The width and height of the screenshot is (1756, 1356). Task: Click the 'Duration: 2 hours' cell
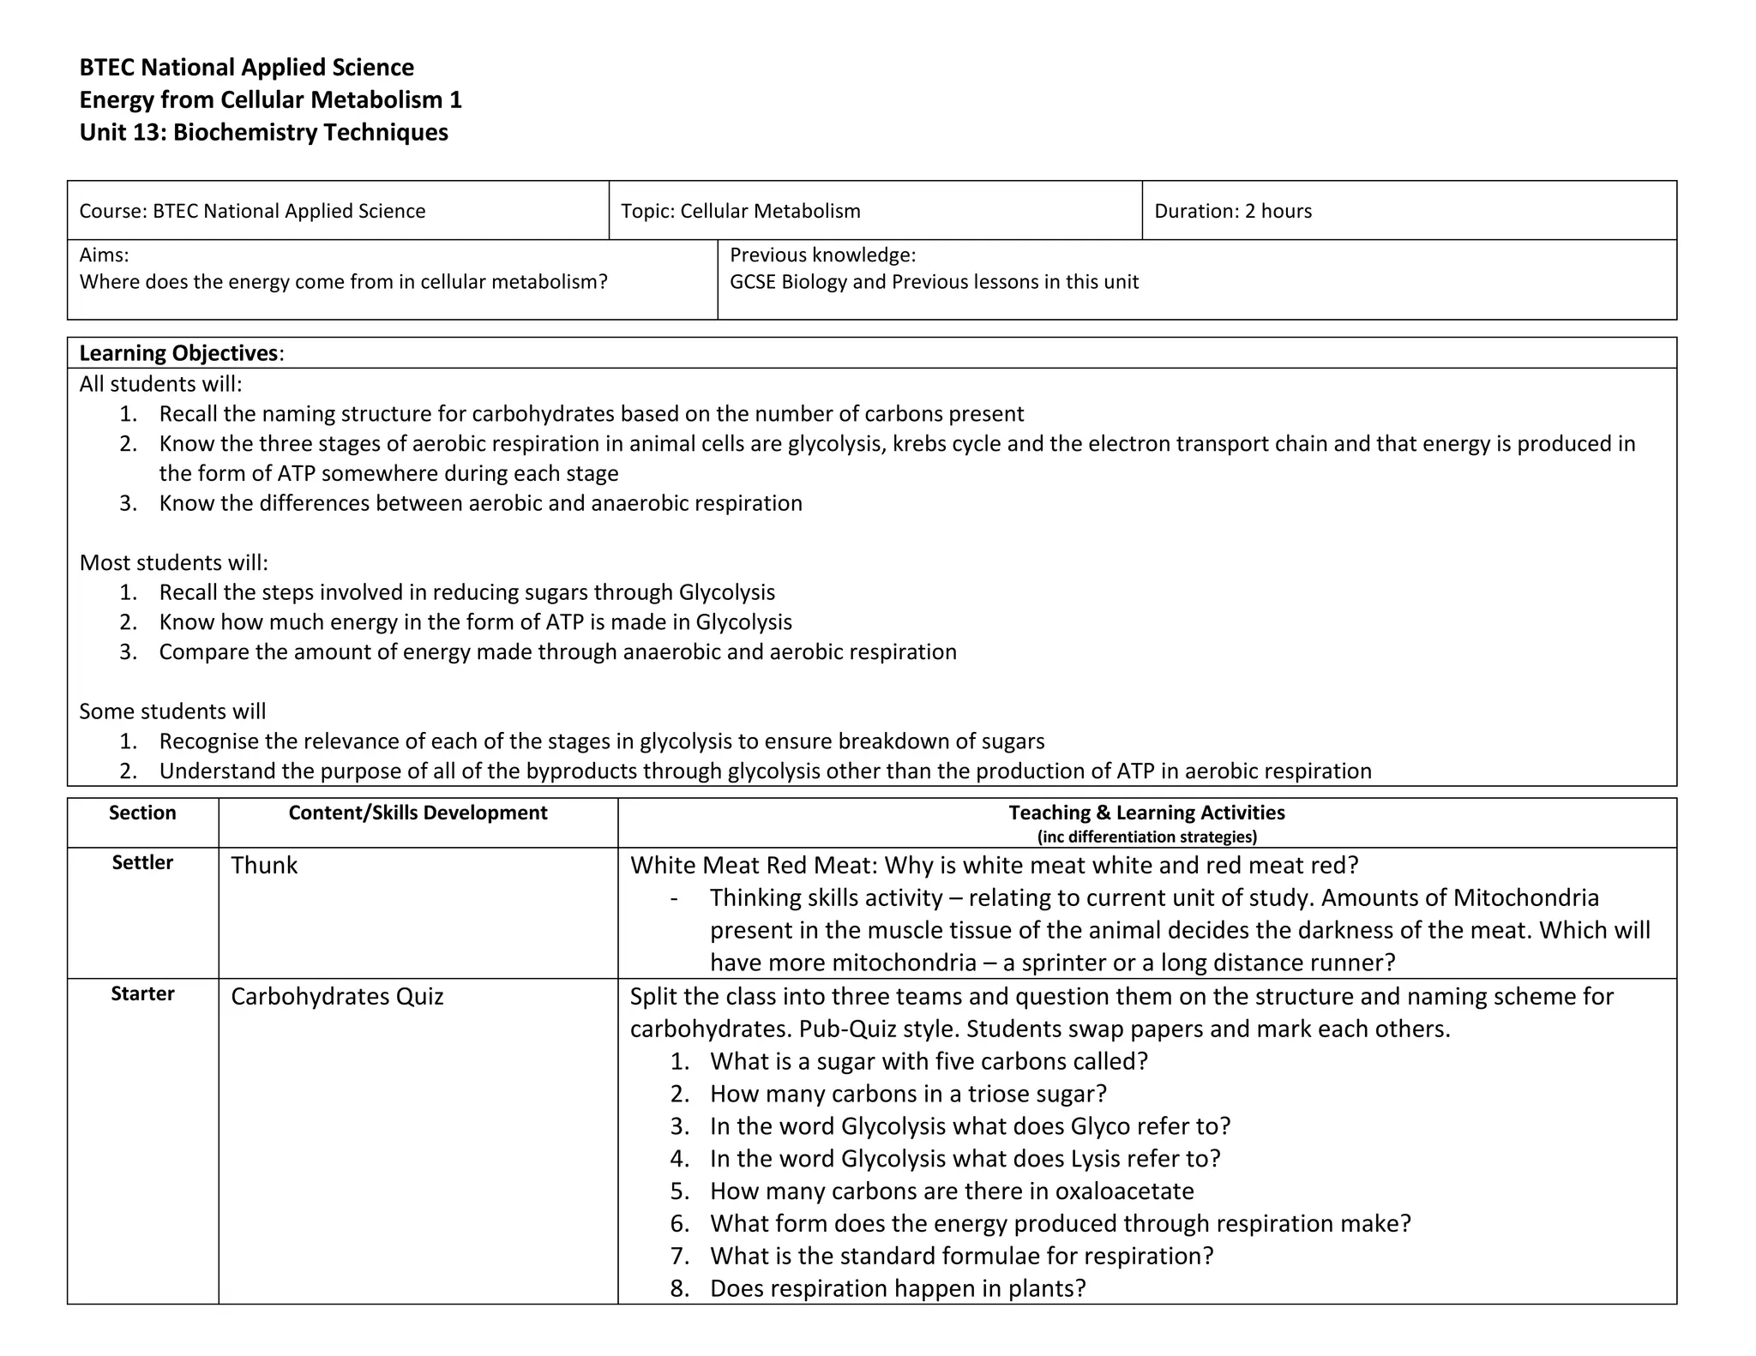point(1232,211)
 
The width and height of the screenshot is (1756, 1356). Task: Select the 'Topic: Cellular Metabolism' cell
point(740,211)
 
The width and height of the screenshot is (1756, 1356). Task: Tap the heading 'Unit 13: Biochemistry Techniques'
point(263,132)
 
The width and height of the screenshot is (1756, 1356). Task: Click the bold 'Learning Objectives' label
point(178,353)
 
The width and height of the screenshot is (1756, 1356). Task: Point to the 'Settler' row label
point(142,862)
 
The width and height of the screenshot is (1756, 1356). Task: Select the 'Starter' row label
point(142,993)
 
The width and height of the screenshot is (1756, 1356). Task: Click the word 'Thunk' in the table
point(264,865)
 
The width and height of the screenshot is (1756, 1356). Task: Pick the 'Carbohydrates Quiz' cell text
point(337,996)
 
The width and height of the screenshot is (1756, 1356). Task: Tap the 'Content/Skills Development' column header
point(418,813)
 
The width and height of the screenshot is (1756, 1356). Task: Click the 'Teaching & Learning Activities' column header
point(1146,813)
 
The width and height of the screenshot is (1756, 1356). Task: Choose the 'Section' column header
point(142,813)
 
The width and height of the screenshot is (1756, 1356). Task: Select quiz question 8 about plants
point(898,1288)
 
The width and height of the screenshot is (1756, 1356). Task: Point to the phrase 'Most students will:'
point(174,562)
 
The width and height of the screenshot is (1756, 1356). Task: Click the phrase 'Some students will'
point(172,711)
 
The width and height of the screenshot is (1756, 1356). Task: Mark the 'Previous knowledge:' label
point(822,255)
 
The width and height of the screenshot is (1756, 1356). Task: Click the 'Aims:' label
point(104,255)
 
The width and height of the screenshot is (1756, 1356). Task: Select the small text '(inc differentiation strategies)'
point(1146,837)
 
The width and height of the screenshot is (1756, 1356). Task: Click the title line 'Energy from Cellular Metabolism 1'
point(270,99)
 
